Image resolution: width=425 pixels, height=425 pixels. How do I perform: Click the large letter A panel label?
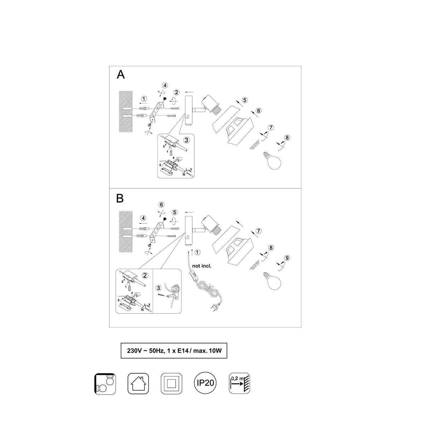(121, 74)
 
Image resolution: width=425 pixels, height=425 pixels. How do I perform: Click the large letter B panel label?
(120, 198)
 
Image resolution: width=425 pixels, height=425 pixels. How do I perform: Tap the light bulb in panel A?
(273, 160)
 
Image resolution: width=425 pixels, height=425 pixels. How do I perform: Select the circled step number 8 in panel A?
(287, 138)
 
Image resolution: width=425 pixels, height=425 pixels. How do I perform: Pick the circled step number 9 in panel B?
(287, 258)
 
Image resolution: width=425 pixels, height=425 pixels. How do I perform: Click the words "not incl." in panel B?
(202, 266)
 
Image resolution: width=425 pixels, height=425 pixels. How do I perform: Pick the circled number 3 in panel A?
(187, 140)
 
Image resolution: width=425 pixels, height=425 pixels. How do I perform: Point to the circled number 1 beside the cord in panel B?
(197, 252)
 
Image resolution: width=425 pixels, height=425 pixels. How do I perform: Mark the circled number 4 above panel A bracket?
(165, 85)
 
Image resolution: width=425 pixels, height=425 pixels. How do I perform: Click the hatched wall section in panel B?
(125, 232)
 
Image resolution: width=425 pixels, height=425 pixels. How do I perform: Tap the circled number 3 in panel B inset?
(158, 288)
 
